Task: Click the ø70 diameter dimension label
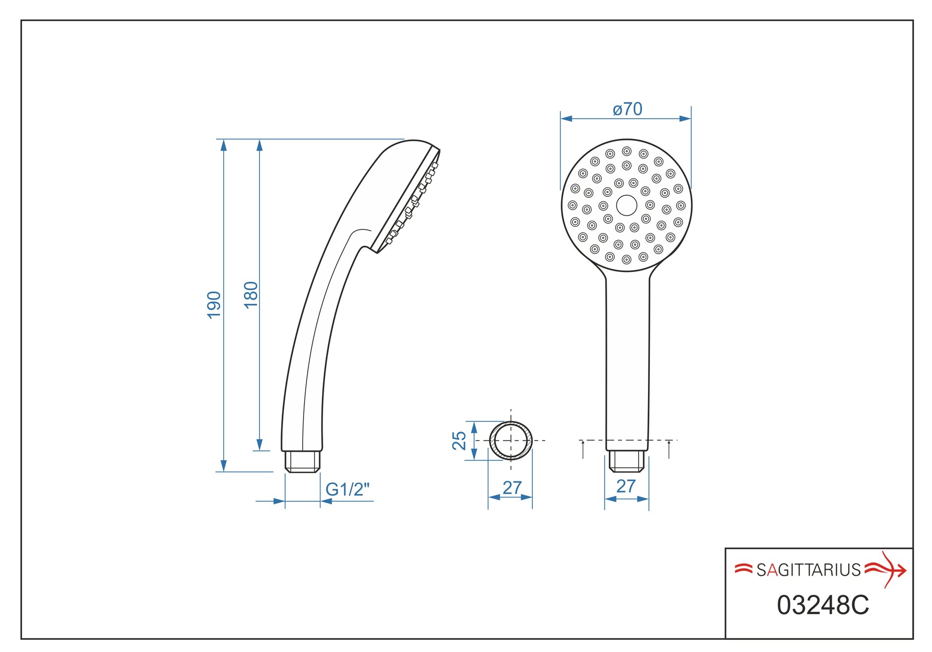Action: (627, 109)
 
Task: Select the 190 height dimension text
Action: (214, 305)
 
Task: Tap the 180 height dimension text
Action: (251, 295)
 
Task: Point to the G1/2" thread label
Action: (347, 489)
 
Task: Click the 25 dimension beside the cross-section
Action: (459, 440)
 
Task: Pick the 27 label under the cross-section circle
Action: (512, 488)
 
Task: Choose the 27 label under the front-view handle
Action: (626, 486)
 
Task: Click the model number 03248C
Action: (823, 605)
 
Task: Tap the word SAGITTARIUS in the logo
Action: (808, 570)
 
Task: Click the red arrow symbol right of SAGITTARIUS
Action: (886, 570)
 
